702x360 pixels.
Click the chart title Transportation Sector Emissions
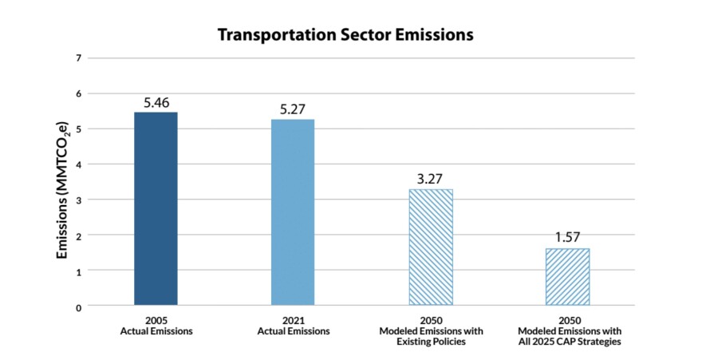346,36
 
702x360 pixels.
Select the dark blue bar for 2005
156,208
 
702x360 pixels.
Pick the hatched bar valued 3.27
430,247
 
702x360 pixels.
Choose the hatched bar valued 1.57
567,276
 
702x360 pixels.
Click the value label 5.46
156,103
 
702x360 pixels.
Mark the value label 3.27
430,180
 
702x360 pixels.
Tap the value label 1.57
567,239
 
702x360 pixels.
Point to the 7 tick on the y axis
78,58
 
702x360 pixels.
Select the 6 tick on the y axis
78,93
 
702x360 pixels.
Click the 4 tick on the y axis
78,164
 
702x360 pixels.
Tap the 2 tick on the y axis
78,235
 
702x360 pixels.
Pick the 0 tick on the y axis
78,307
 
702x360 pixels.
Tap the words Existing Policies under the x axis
430,342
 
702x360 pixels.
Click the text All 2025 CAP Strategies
567,342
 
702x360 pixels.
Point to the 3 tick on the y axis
78,200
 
